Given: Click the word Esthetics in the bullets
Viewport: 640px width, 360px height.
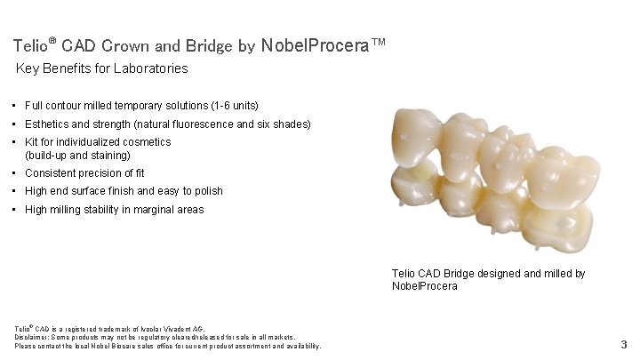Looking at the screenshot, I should click(49, 124).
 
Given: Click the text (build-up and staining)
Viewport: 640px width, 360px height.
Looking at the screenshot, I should click(78, 156).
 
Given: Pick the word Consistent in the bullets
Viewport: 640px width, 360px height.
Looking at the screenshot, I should click(51, 173).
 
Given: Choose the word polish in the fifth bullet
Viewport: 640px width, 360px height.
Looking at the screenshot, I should click(206, 191).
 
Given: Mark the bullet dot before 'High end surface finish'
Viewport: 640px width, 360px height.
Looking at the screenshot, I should click(16, 191).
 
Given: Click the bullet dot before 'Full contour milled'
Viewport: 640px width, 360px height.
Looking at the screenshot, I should click(16, 105).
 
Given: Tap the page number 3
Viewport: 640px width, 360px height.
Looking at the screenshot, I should click(624, 344).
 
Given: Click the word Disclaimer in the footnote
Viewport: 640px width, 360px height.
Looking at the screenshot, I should click(33, 337).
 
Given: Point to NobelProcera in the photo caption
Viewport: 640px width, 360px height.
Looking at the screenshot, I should click(424, 286).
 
